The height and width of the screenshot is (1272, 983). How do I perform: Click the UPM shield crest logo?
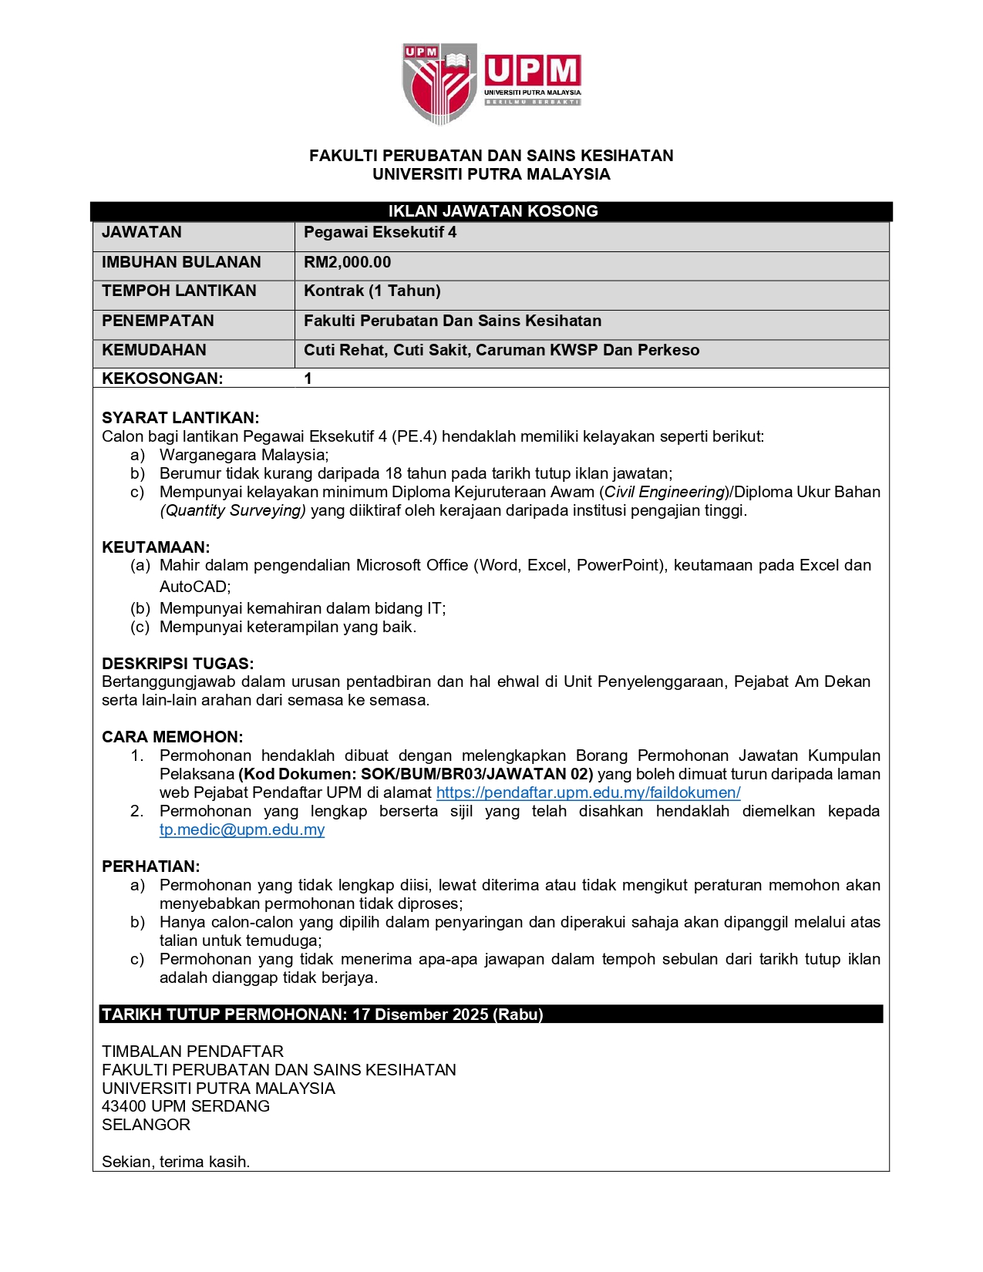439,82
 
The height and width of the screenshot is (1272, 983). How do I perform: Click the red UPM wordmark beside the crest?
532,72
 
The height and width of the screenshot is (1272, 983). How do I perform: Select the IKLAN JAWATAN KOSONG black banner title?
493,211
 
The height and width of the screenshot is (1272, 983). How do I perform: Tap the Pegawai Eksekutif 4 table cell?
380,232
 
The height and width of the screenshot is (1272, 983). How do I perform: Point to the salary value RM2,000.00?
347,262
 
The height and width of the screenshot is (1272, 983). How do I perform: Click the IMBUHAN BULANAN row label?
181,262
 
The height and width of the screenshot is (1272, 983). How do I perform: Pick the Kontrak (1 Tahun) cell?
372,291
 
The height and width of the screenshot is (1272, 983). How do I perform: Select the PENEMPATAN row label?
158,321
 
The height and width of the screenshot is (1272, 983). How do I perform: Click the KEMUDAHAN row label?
154,350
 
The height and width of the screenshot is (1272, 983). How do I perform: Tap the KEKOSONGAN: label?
163,379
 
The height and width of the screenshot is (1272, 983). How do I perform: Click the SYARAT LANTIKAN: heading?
180,418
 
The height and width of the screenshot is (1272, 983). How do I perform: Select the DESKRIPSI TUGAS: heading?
178,664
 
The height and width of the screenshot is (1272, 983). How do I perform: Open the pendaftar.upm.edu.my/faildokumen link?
588,792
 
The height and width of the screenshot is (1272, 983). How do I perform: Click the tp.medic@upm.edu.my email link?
242,829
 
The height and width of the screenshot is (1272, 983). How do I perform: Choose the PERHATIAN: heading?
151,867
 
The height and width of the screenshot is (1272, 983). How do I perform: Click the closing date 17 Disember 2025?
420,1015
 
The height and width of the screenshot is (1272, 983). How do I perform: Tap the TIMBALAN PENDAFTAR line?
193,1052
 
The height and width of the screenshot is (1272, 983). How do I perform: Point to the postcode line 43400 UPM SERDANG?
186,1106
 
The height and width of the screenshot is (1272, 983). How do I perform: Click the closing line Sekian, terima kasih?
176,1162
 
